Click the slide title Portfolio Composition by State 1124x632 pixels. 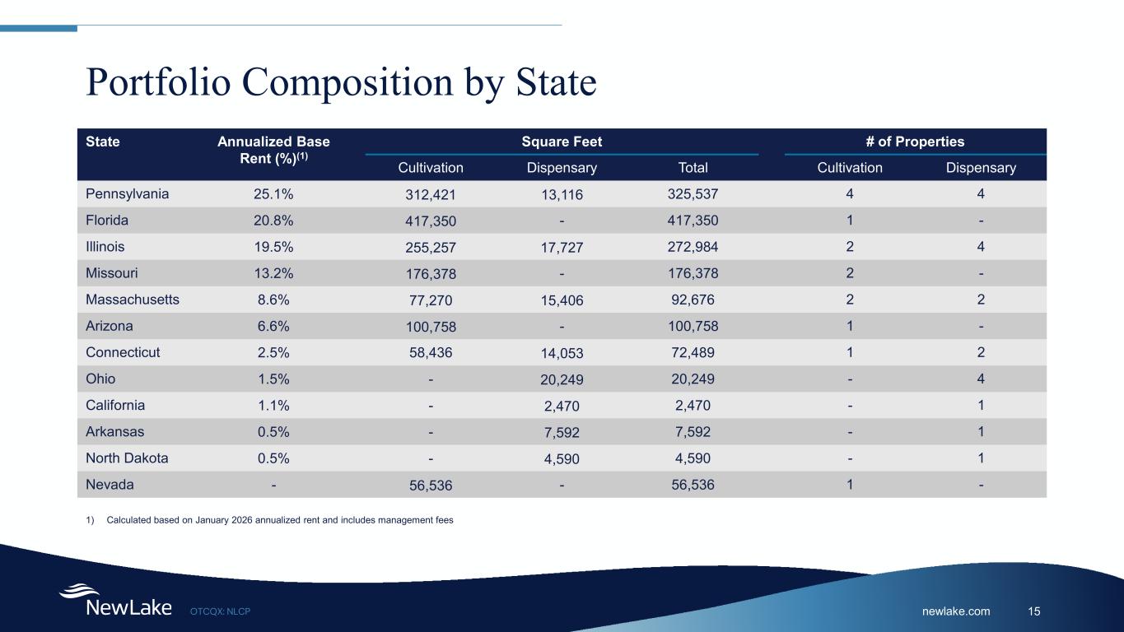[x=341, y=82]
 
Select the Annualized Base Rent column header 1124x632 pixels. [x=273, y=150]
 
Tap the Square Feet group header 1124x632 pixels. [x=562, y=142]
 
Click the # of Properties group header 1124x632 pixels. [x=915, y=142]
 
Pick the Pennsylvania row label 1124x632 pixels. [x=127, y=194]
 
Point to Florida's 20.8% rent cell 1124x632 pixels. [x=273, y=221]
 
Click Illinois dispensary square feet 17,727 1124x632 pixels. [x=562, y=248]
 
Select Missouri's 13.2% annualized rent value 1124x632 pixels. [x=273, y=273]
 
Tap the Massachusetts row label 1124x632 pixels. [x=132, y=300]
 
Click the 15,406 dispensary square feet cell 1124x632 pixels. [x=562, y=301]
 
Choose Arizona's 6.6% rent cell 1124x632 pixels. [x=273, y=326]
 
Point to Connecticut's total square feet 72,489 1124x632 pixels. [x=693, y=352]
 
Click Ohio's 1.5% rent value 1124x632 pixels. [x=273, y=379]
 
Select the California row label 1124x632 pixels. [x=115, y=405]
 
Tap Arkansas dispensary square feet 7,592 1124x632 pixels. [x=562, y=433]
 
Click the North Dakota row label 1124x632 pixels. [x=127, y=458]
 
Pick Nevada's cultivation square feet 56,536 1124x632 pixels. [x=431, y=486]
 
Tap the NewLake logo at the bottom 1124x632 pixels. [x=115, y=602]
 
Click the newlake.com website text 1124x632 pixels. [x=956, y=611]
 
